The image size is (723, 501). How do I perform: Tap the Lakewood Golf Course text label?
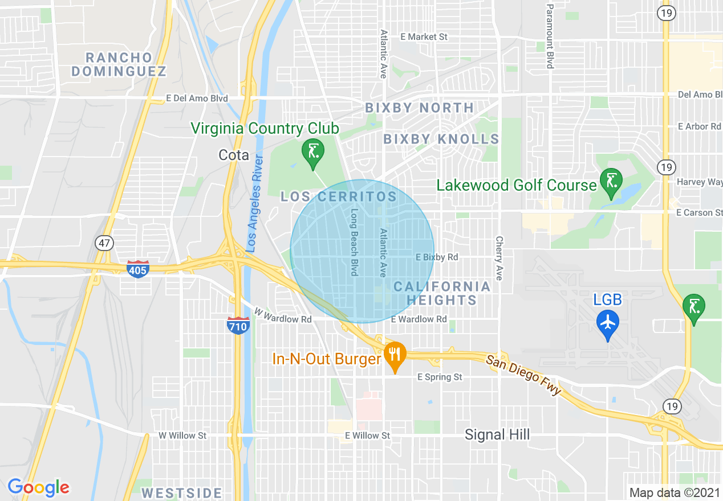(x=516, y=185)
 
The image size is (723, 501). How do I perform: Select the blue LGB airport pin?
(x=608, y=323)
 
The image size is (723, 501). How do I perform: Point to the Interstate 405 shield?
(x=138, y=269)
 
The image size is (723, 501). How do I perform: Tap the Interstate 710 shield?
(x=238, y=326)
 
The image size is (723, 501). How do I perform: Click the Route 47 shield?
(x=103, y=243)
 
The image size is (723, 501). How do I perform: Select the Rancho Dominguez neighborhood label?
(x=119, y=64)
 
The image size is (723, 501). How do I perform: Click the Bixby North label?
(x=419, y=108)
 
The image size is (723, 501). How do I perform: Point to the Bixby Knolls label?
(x=441, y=139)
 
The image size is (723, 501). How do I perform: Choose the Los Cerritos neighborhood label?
(x=339, y=197)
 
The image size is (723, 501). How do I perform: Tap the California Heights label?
(x=442, y=293)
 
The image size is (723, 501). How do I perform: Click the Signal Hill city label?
(x=497, y=435)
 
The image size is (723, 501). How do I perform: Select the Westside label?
(x=181, y=492)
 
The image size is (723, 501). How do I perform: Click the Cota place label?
(x=234, y=155)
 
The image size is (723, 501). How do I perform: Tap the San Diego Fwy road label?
(x=523, y=375)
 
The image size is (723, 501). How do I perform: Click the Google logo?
(x=38, y=487)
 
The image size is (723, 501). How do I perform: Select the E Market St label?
(x=424, y=36)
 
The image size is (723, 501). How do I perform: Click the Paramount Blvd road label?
(x=550, y=36)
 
